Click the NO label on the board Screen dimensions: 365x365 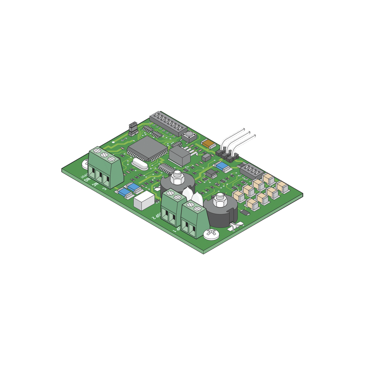pos(87,180)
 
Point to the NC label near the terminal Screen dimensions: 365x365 pos(95,184)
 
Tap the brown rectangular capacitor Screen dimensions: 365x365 pos(209,144)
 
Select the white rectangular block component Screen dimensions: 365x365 pos(144,200)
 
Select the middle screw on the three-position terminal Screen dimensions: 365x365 pos(104,155)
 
